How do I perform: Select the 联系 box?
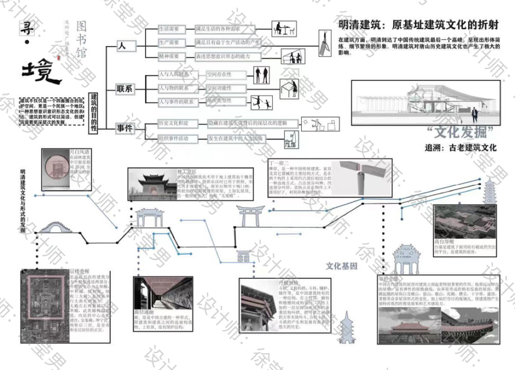125,89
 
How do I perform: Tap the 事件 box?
125,128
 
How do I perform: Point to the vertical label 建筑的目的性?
93,112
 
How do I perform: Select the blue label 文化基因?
341,266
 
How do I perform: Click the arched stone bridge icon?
51,228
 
